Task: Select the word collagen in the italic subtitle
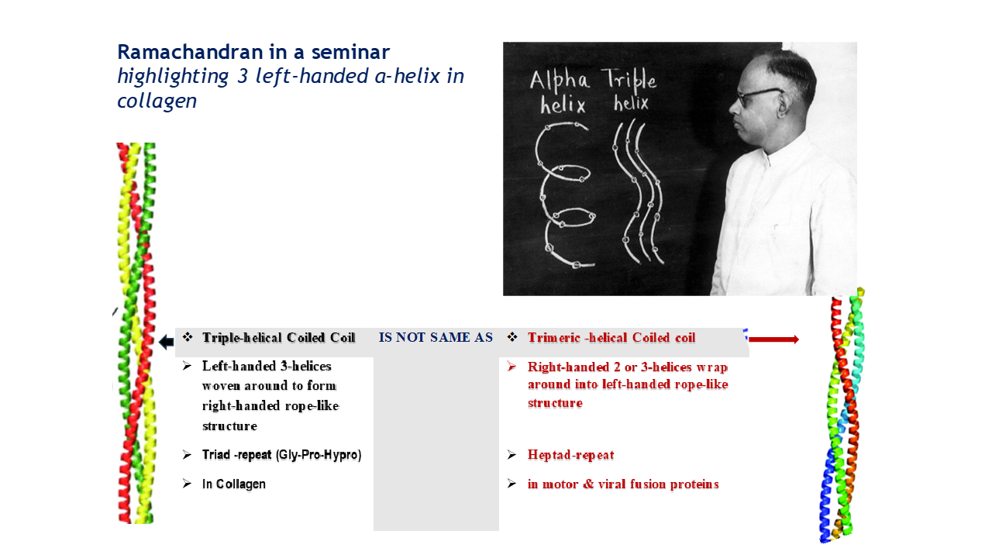(x=157, y=102)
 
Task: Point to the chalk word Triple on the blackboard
(x=629, y=80)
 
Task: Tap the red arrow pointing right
(x=773, y=339)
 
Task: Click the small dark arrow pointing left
(x=166, y=343)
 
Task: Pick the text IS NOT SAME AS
(x=436, y=338)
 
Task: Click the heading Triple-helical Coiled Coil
(x=278, y=338)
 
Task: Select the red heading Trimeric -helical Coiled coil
(x=611, y=338)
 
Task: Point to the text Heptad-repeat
(x=570, y=455)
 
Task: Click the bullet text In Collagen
(x=233, y=484)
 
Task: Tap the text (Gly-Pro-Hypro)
(x=318, y=455)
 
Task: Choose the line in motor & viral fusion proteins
(x=623, y=484)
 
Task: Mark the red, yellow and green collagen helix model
(x=135, y=333)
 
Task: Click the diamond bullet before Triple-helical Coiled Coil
(x=187, y=338)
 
